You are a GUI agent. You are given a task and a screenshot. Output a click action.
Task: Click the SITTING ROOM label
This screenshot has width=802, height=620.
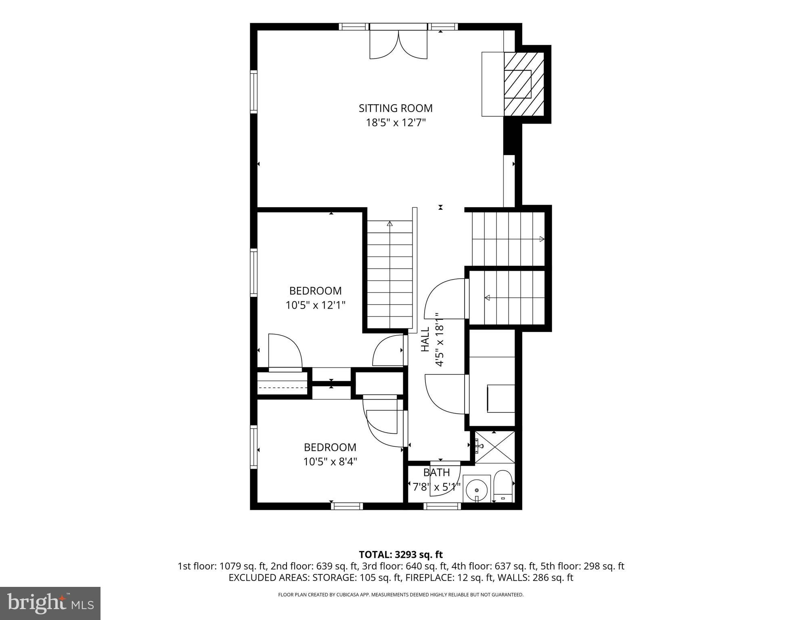coord(396,108)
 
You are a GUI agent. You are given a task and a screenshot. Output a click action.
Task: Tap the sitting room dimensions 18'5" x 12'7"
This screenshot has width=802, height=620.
coord(396,122)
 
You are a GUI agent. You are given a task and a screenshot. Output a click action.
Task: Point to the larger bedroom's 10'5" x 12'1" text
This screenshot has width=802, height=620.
coord(315,305)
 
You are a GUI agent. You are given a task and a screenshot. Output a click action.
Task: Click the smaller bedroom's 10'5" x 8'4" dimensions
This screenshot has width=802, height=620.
coord(330,461)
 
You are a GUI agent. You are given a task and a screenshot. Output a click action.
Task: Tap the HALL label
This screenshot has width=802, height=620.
coord(425,340)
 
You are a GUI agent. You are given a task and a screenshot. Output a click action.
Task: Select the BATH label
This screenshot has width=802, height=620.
coord(436,472)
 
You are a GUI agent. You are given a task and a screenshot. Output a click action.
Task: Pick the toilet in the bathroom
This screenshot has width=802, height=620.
coord(503,487)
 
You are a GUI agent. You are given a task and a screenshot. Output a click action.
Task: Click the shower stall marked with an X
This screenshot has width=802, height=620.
coord(495,447)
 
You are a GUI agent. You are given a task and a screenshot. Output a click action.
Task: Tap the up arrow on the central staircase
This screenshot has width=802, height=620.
coord(389,223)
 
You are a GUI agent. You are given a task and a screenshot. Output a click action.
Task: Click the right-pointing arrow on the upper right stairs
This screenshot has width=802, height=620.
coord(542,239)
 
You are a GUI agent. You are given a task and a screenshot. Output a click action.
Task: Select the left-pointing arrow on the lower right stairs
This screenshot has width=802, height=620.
coord(488,298)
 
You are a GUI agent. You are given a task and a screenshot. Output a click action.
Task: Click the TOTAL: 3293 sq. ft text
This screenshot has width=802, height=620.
coord(401,554)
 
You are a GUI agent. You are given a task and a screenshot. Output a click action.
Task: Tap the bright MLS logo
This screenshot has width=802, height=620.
coord(50,603)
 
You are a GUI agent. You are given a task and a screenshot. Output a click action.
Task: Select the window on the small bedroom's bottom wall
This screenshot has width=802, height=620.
coord(347,506)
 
